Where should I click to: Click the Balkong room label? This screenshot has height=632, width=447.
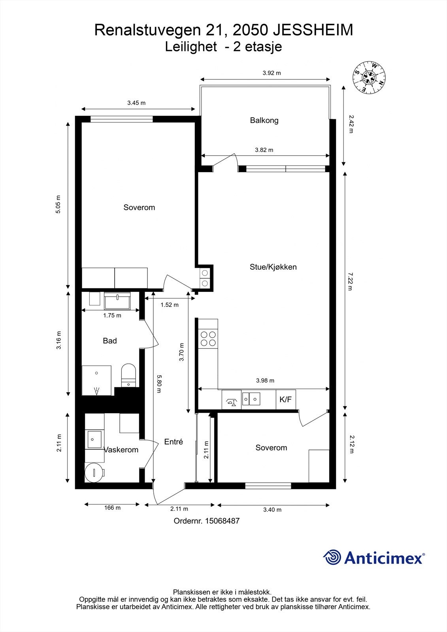click(x=264, y=120)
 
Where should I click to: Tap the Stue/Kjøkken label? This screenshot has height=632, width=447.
click(x=273, y=267)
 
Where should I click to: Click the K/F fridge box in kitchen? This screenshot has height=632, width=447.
click(x=285, y=399)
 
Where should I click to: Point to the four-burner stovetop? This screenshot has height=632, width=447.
click(x=209, y=338)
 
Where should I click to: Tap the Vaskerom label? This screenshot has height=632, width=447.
click(x=121, y=450)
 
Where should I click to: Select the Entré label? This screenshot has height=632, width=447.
click(x=174, y=442)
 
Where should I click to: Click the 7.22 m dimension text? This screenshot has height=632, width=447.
click(x=349, y=281)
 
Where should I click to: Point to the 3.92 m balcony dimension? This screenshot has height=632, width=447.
click(x=272, y=73)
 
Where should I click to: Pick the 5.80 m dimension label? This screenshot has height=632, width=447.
click(x=159, y=384)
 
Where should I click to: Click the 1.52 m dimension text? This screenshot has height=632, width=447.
click(x=169, y=305)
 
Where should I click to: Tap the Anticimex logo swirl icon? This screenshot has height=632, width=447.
click(x=332, y=557)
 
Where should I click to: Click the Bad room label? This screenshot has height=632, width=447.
click(x=109, y=341)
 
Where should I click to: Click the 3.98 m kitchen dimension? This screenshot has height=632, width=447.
click(x=265, y=381)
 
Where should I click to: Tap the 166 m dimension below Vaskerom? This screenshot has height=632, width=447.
click(x=112, y=508)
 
